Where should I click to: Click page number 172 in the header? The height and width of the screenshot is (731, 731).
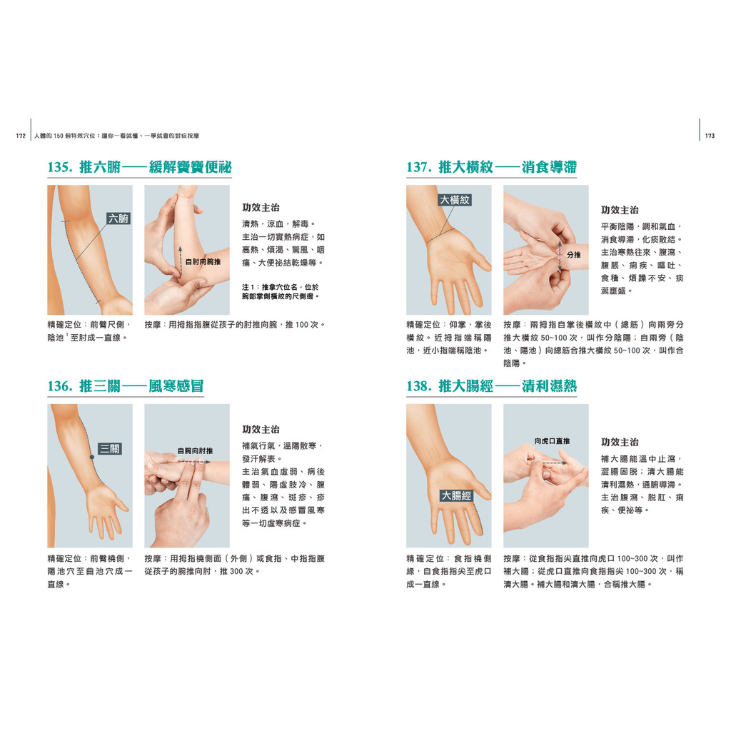[x=21, y=136]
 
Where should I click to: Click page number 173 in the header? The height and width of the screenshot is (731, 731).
[x=710, y=136]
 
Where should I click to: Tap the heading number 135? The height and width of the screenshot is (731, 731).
[x=60, y=167]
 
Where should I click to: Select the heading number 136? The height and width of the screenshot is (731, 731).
[x=60, y=386]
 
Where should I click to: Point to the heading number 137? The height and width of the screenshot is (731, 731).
[x=419, y=167]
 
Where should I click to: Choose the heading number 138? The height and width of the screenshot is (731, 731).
[x=419, y=386]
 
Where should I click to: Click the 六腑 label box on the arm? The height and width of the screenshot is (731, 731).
[x=119, y=218]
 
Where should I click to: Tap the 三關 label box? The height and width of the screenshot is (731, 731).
[x=110, y=449]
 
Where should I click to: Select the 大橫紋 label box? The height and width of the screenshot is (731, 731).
[x=455, y=200]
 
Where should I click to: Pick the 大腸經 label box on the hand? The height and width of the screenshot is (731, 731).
[x=456, y=495]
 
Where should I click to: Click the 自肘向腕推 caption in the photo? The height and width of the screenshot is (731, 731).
[x=203, y=261]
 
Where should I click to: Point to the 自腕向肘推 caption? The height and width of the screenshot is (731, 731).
[x=195, y=451]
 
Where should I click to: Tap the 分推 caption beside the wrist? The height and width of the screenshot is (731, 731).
[x=574, y=255]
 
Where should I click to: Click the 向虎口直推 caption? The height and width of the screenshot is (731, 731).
[x=552, y=441]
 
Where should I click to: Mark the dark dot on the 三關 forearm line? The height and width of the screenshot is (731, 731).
[x=92, y=458]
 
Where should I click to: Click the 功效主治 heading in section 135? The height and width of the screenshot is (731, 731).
[x=261, y=208]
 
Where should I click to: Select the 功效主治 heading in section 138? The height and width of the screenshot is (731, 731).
[x=620, y=442]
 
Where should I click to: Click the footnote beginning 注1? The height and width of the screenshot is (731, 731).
[x=280, y=291]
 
